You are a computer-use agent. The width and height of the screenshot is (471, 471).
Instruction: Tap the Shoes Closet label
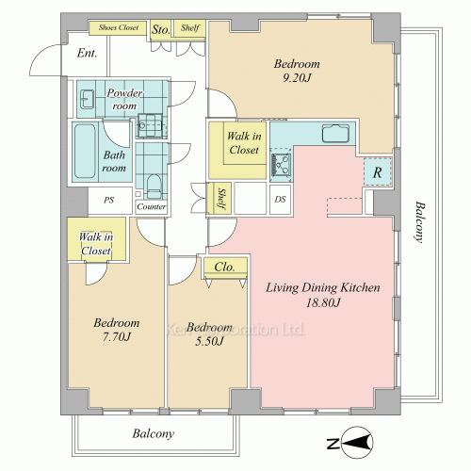click(x=119, y=27)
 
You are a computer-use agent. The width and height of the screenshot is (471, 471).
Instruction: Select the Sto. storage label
click(x=161, y=30)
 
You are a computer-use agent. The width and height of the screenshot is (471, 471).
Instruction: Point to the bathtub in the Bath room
click(x=85, y=152)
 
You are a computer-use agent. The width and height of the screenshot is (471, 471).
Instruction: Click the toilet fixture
click(x=154, y=187)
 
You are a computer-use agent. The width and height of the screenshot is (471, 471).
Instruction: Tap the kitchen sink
click(x=335, y=134)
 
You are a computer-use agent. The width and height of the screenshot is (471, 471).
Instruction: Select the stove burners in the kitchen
click(x=281, y=164)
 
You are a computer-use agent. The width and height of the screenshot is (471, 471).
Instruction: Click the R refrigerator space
click(x=378, y=172)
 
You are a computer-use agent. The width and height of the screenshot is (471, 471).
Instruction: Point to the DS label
click(x=280, y=200)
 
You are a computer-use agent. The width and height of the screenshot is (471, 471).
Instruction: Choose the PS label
click(x=108, y=200)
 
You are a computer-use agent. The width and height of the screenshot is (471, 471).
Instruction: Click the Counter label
click(x=152, y=206)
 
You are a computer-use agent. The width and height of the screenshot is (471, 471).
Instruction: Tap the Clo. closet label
click(x=224, y=268)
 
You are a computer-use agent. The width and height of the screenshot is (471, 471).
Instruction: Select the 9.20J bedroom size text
click(x=297, y=77)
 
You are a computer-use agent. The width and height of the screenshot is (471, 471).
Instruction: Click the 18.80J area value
click(x=323, y=302)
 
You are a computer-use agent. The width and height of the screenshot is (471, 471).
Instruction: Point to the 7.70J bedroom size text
click(x=117, y=337)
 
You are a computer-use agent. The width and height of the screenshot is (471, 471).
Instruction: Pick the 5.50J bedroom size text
click(x=209, y=341)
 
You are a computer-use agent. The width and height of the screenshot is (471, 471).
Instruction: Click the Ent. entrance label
click(x=87, y=53)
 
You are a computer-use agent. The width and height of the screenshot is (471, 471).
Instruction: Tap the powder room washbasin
click(x=87, y=99)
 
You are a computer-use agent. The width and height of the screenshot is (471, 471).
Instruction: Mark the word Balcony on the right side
click(x=419, y=222)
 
